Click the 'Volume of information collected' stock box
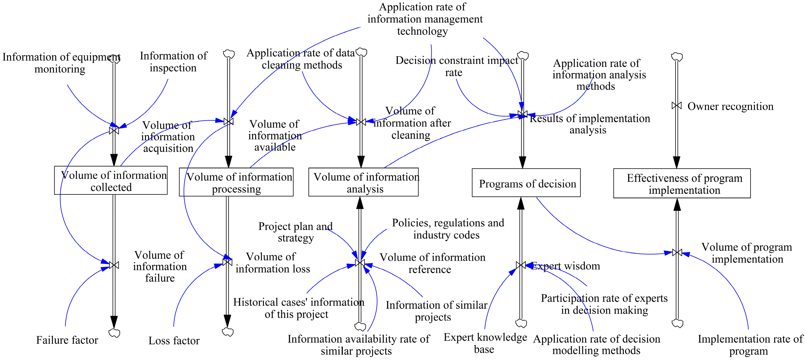[111, 181]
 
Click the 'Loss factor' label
[174, 341]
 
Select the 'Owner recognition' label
[730, 107]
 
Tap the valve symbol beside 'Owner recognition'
[677, 106]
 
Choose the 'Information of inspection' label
[173, 62]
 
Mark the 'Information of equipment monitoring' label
[61, 63]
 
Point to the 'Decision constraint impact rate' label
[456, 66]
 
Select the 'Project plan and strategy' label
[295, 232]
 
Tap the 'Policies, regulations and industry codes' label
[448, 229]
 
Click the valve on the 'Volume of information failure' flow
[114, 265]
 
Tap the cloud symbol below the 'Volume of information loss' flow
[228, 332]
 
